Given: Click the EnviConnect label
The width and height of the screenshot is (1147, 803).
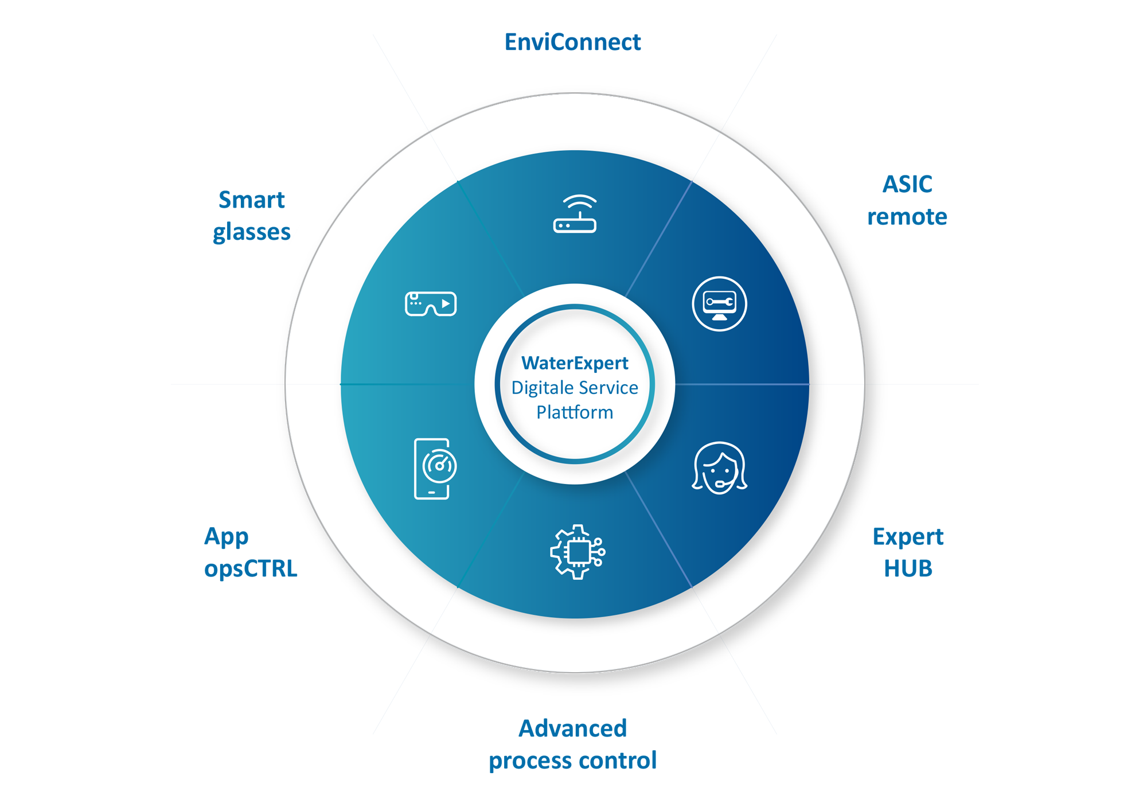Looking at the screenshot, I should pyautogui.click(x=572, y=42).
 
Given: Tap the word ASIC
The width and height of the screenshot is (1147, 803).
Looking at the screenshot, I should pyautogui.click(x=907, y=185).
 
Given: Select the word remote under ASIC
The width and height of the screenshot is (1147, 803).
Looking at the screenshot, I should pyautogui.click(x=907, y=217).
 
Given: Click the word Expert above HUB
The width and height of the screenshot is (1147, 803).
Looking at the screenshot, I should pyautogui.click(x=908, y=537).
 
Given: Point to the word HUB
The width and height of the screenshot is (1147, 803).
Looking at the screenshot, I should pyautogui.click(x=908, y=568).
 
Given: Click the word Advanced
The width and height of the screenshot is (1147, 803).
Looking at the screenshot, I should pyautogui.click(x=572, y=728).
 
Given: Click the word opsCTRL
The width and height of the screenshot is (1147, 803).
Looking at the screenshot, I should pyautogui.click(x=251, y=568).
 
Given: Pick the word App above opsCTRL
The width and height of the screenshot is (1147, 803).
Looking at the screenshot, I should pyautogui.click(x=227, y=537).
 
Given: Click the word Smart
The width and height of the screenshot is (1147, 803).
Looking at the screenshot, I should pyautogui.click(x=251, y=200).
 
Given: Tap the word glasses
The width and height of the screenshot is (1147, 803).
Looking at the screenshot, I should pyautogui.click(x=251, y=232).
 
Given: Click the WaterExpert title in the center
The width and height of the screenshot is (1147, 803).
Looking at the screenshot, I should pyautogui.click(x=575, y=363).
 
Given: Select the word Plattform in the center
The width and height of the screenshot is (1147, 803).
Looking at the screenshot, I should pyautogui.click(x=575, y=412).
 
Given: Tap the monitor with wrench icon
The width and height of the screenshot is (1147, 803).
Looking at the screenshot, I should pyautogui.click(x=719, y=304).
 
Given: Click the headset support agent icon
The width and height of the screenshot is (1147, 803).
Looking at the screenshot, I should pyautogui.click(x=719, y=468).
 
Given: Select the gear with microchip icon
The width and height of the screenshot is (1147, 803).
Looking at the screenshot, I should pyautogui.click(x=577, y=552).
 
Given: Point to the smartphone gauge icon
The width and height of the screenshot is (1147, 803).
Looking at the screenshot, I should pyautogui.click(x=434, y=469).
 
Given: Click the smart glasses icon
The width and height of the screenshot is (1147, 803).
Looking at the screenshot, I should pyautogui.click(x=431, y=303).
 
